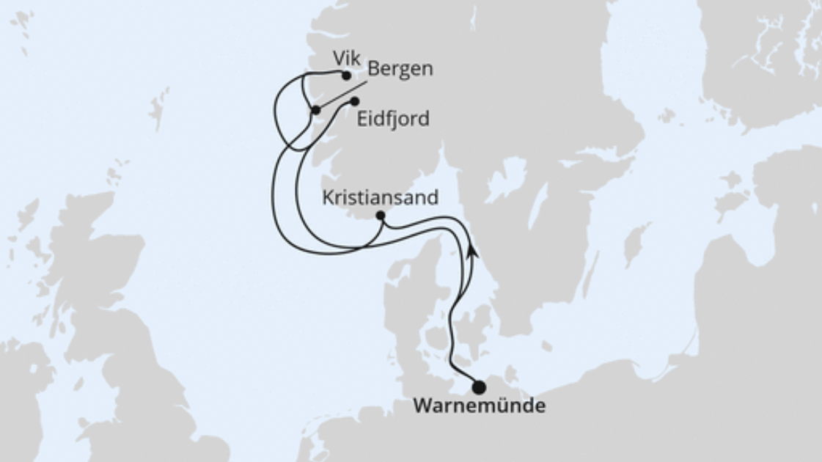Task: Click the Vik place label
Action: (x=347, y=59)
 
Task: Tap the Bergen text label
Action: (x=400, y=69)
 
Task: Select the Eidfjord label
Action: (x=393, y=120)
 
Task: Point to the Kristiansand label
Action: (x=380, y=197)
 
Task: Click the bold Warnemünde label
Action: (x=479, y=406)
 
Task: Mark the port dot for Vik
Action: (x=346, y=75)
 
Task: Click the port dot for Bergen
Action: (x=315, y=110)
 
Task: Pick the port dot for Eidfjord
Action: (x=355, y=101)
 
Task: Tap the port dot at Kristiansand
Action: (x=380, y=216)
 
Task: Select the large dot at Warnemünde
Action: (x=479, y=386)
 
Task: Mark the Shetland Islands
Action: (x=158, y=106)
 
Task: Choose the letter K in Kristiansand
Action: (x=327, y=197)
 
